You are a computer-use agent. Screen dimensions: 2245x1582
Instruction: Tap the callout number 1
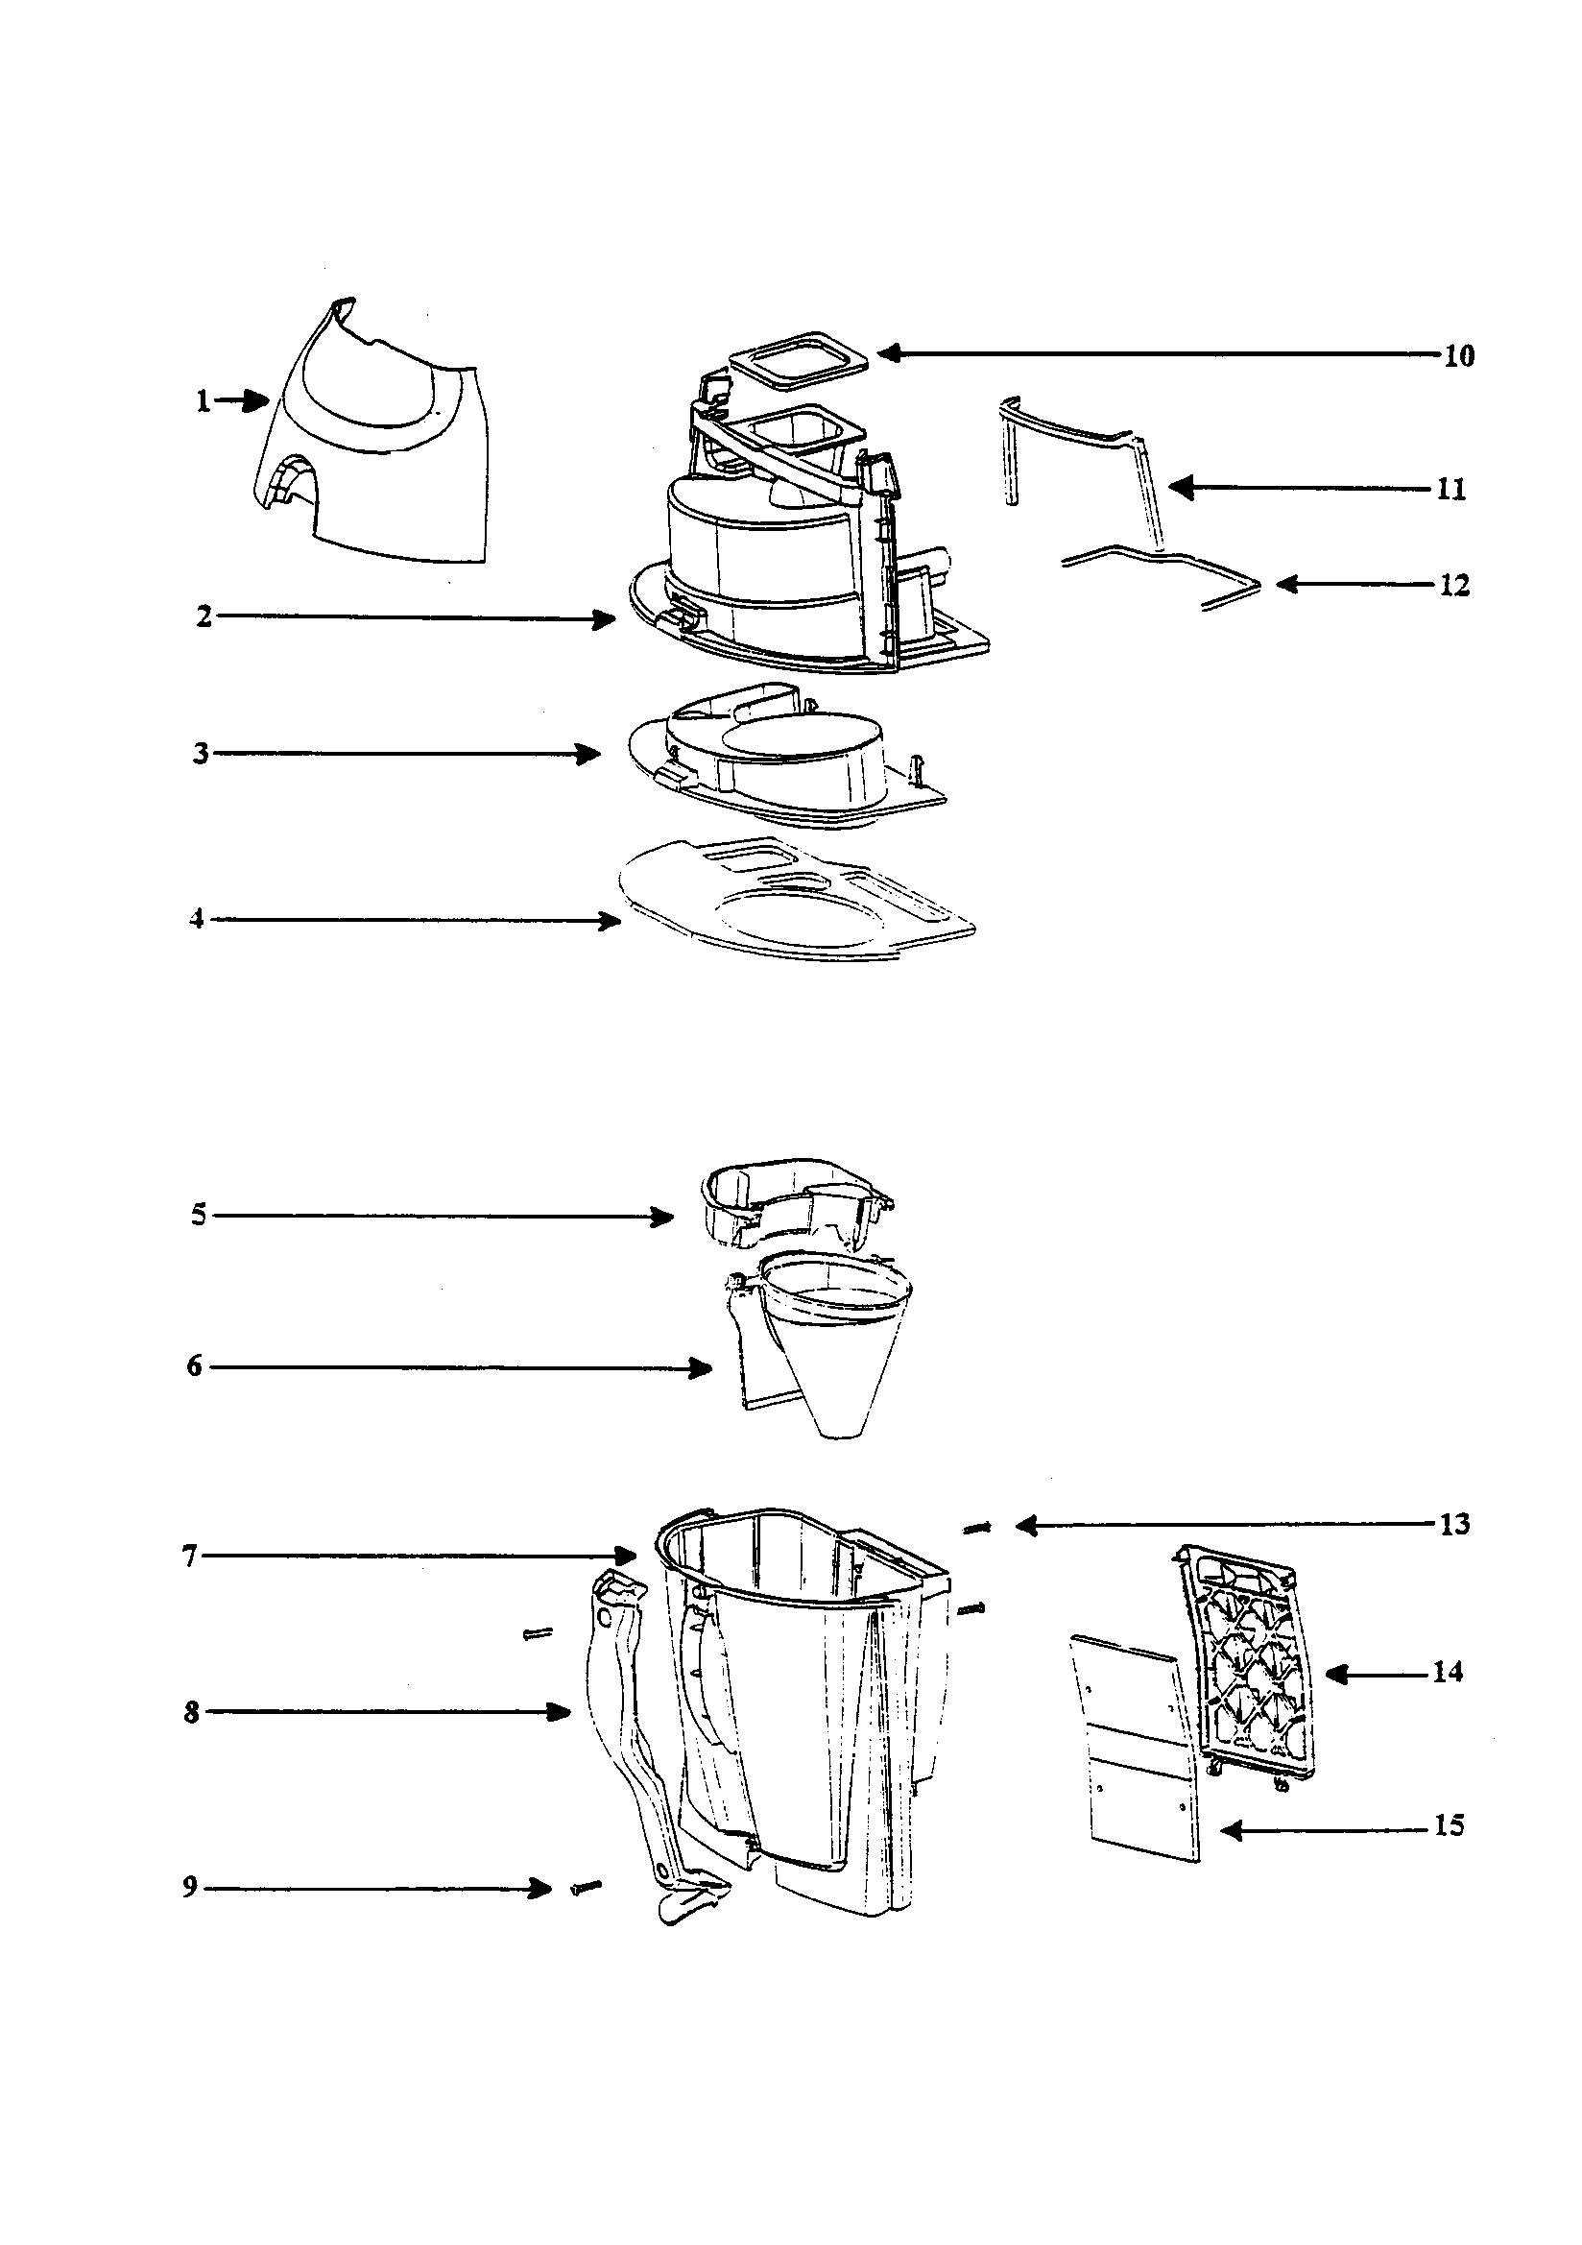203,401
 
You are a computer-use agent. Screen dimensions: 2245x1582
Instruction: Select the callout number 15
1450,1825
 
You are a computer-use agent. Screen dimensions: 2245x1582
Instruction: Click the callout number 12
1455,586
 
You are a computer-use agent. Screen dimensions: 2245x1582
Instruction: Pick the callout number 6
194,1366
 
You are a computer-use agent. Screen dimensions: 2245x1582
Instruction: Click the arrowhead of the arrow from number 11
1180,487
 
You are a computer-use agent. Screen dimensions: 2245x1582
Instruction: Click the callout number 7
190,1556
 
